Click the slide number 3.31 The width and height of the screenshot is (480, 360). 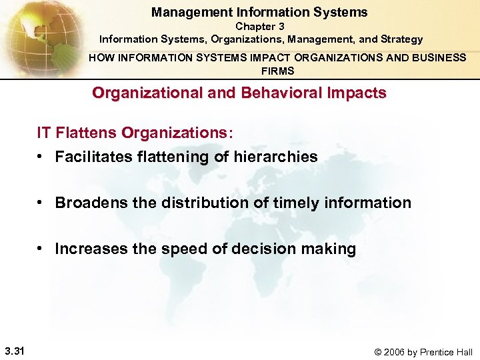[x=14, y=351]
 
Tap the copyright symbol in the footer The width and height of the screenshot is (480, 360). [x=379, y=352]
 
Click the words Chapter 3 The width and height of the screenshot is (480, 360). [x=259, y=27]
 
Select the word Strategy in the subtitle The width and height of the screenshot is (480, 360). [x=400, y=39]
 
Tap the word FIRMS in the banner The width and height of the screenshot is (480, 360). [x=277, y=71]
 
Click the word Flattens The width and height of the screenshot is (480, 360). [x=85, y=133]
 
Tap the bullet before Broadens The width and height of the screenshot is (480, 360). [x=42, y=202]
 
